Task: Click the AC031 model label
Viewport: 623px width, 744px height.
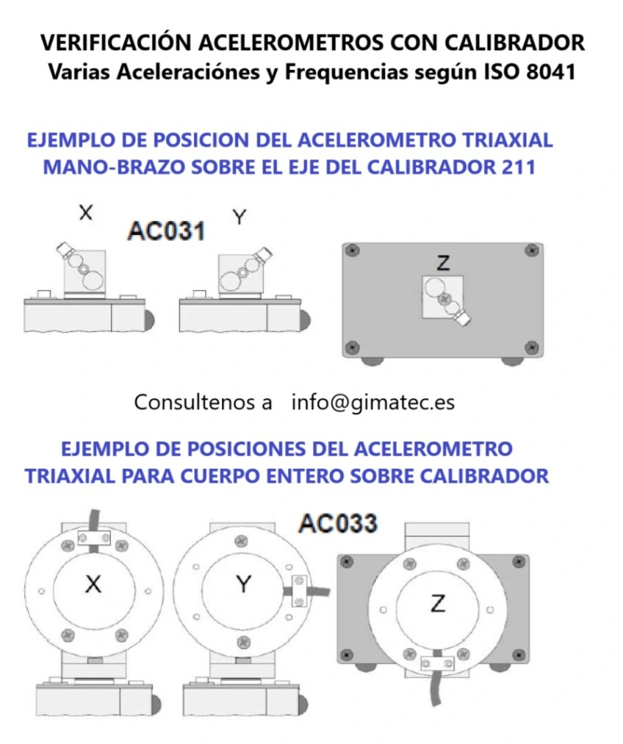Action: [165, 231]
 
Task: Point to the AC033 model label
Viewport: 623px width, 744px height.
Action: [338, 524]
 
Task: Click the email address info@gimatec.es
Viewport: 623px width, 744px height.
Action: [372, 402]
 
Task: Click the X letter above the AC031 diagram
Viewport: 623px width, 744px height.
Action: [86, 213]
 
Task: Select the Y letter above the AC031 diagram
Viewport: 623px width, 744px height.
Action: [239, 217]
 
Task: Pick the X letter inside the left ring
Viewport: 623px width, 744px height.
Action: [93, 585]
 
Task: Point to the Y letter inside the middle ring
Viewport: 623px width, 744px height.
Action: [244, 585]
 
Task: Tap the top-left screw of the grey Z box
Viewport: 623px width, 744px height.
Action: [354, 250]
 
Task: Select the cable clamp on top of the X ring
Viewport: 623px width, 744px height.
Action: [93, 539]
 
